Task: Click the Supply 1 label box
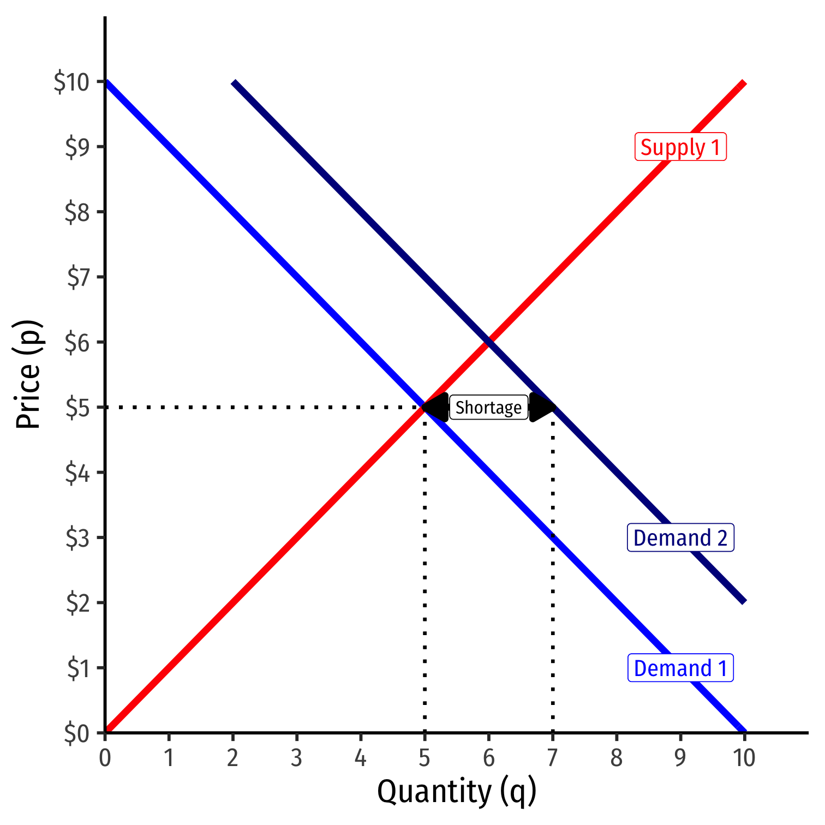[x=680, y=147]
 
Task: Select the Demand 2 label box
[x=680, y=538]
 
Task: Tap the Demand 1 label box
[x=680, y=668]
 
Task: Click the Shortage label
[x=488, y=408]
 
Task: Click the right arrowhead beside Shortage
[x=541, y=407]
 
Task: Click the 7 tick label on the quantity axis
[x=553, y=758]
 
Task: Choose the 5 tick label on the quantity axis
[x=425, y=758]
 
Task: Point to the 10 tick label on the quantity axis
[x=744, y=758]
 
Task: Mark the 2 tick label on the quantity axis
[x=233, y=758]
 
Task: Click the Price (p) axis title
[x=28, y=375]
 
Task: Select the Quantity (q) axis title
[x=457, y=792]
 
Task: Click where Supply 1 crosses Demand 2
[x=489, y=342]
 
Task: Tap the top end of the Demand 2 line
[x=234, y=83]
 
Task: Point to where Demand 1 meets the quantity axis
[x=744, y=732]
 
